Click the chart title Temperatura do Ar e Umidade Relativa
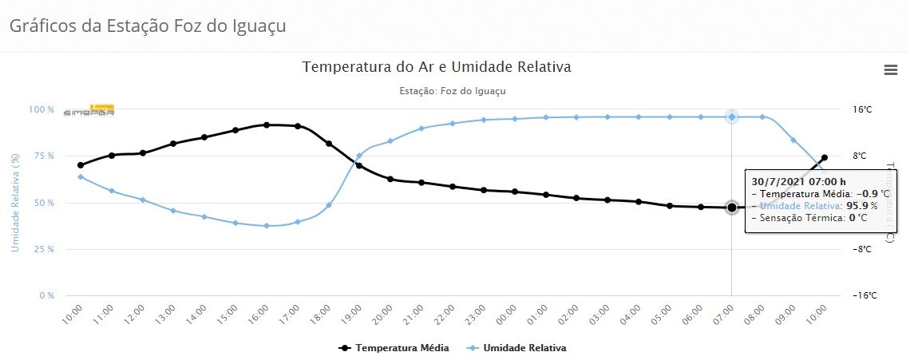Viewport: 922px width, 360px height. pyautogui.click(x=437, y=67)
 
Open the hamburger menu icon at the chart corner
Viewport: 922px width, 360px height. pyautogui.click(x=891, y=70)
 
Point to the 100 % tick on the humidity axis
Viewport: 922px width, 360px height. pyautogui.click(x=42, y=109)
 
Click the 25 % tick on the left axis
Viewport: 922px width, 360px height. pyautogui.click(x=44, y=249)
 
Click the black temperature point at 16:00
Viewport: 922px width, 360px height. pyautogui.click(x=267, y=125)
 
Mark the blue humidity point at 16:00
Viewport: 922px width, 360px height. pyautogui.click(x=267, y=226)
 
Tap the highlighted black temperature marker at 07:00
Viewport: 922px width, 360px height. pyautogui.click(x=732, y=208)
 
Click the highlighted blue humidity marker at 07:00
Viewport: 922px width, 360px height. pyautogui.click(x=732, y=117)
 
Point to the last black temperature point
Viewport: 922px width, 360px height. pyautogui.click(x=825, y=157)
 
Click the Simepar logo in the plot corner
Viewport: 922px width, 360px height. pyautogui.click(x=89, y=112)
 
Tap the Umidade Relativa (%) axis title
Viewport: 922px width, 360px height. pyautogui.click(x=16, y=203)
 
